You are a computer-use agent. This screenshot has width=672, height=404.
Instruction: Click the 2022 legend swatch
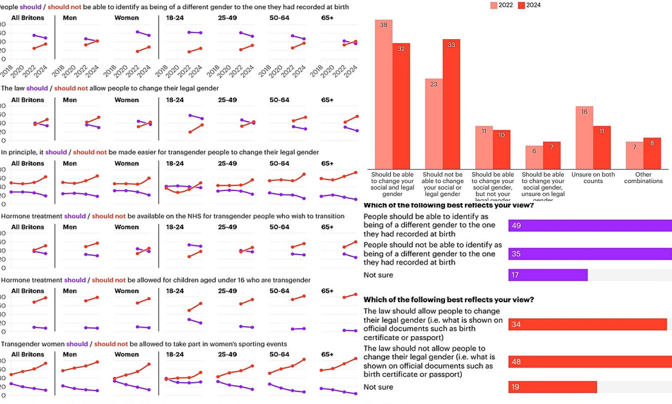[494, 5]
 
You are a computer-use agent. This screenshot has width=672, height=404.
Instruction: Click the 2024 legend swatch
[522, 5]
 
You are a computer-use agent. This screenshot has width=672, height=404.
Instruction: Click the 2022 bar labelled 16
[584, 137]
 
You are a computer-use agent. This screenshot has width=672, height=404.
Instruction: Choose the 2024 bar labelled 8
[652, 153]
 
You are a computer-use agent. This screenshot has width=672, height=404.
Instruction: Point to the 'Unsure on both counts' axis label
[593, 178]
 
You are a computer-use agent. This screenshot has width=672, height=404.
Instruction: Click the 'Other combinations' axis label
[643, 178]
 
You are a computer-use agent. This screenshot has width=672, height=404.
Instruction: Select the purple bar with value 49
[590, 226]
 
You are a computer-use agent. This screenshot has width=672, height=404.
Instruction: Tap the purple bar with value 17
[548, 275]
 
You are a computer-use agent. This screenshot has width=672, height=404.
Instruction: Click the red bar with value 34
[587, 324]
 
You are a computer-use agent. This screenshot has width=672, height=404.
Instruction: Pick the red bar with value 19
[552, 387]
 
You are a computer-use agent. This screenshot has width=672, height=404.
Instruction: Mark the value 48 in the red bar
[516, 362]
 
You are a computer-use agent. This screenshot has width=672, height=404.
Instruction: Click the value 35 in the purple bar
[516, 254]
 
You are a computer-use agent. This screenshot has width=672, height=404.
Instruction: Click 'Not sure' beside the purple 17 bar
[378, 275]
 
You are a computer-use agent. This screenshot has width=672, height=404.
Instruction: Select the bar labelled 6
[534, 157]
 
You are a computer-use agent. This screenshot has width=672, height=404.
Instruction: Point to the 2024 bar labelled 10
[502, 149]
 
